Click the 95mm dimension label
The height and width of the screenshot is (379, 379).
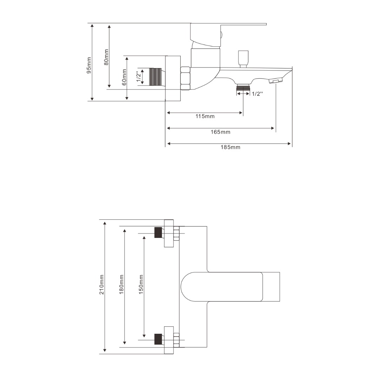point(89,66)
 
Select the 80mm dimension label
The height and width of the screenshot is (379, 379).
point(106,57)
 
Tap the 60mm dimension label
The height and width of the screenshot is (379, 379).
point(124,77)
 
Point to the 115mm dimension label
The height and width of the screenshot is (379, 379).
point(205,116)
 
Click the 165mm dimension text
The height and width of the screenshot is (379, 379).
point(220,132)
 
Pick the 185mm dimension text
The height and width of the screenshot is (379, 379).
point(231,147)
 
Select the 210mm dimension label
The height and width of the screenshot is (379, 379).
point(101,285)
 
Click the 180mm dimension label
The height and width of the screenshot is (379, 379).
point(121,285)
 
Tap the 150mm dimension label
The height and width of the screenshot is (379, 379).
point(141,285)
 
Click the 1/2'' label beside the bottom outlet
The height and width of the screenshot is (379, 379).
point(257,94)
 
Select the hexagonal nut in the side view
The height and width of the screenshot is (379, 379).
point(186,78)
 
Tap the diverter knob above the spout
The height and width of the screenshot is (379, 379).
point(243,59)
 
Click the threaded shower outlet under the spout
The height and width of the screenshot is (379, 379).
point(243,87)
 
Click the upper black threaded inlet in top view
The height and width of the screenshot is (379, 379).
point(158,233)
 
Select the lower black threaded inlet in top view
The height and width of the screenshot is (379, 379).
point(158,339)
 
